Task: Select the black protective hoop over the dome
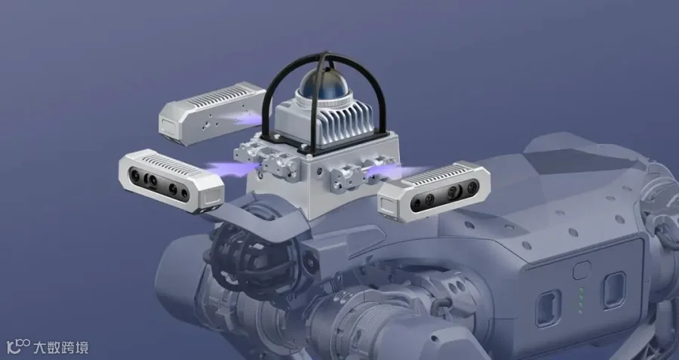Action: coord(324,95)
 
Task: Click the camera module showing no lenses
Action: coord(212,113)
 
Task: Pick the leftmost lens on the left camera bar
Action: coord(136,175)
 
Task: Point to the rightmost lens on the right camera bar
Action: coord(472,186)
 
